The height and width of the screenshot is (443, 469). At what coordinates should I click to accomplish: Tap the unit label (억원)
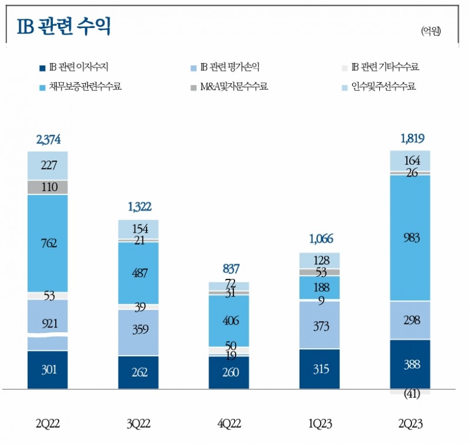click(431, 31)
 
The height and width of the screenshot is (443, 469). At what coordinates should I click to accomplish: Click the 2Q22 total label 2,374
click(47, 139)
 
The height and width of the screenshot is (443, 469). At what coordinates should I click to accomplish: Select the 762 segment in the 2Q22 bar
click(47, 243)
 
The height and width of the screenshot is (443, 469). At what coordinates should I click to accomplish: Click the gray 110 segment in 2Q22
click(47, 187)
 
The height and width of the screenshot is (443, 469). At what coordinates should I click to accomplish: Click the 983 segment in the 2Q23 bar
click(410, 237)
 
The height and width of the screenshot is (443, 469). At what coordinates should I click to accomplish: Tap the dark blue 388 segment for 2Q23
click(410, 364)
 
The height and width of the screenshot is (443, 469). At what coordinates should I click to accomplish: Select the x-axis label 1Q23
click(320, 424)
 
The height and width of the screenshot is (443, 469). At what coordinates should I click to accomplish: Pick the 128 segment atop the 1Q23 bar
click(320, 261)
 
